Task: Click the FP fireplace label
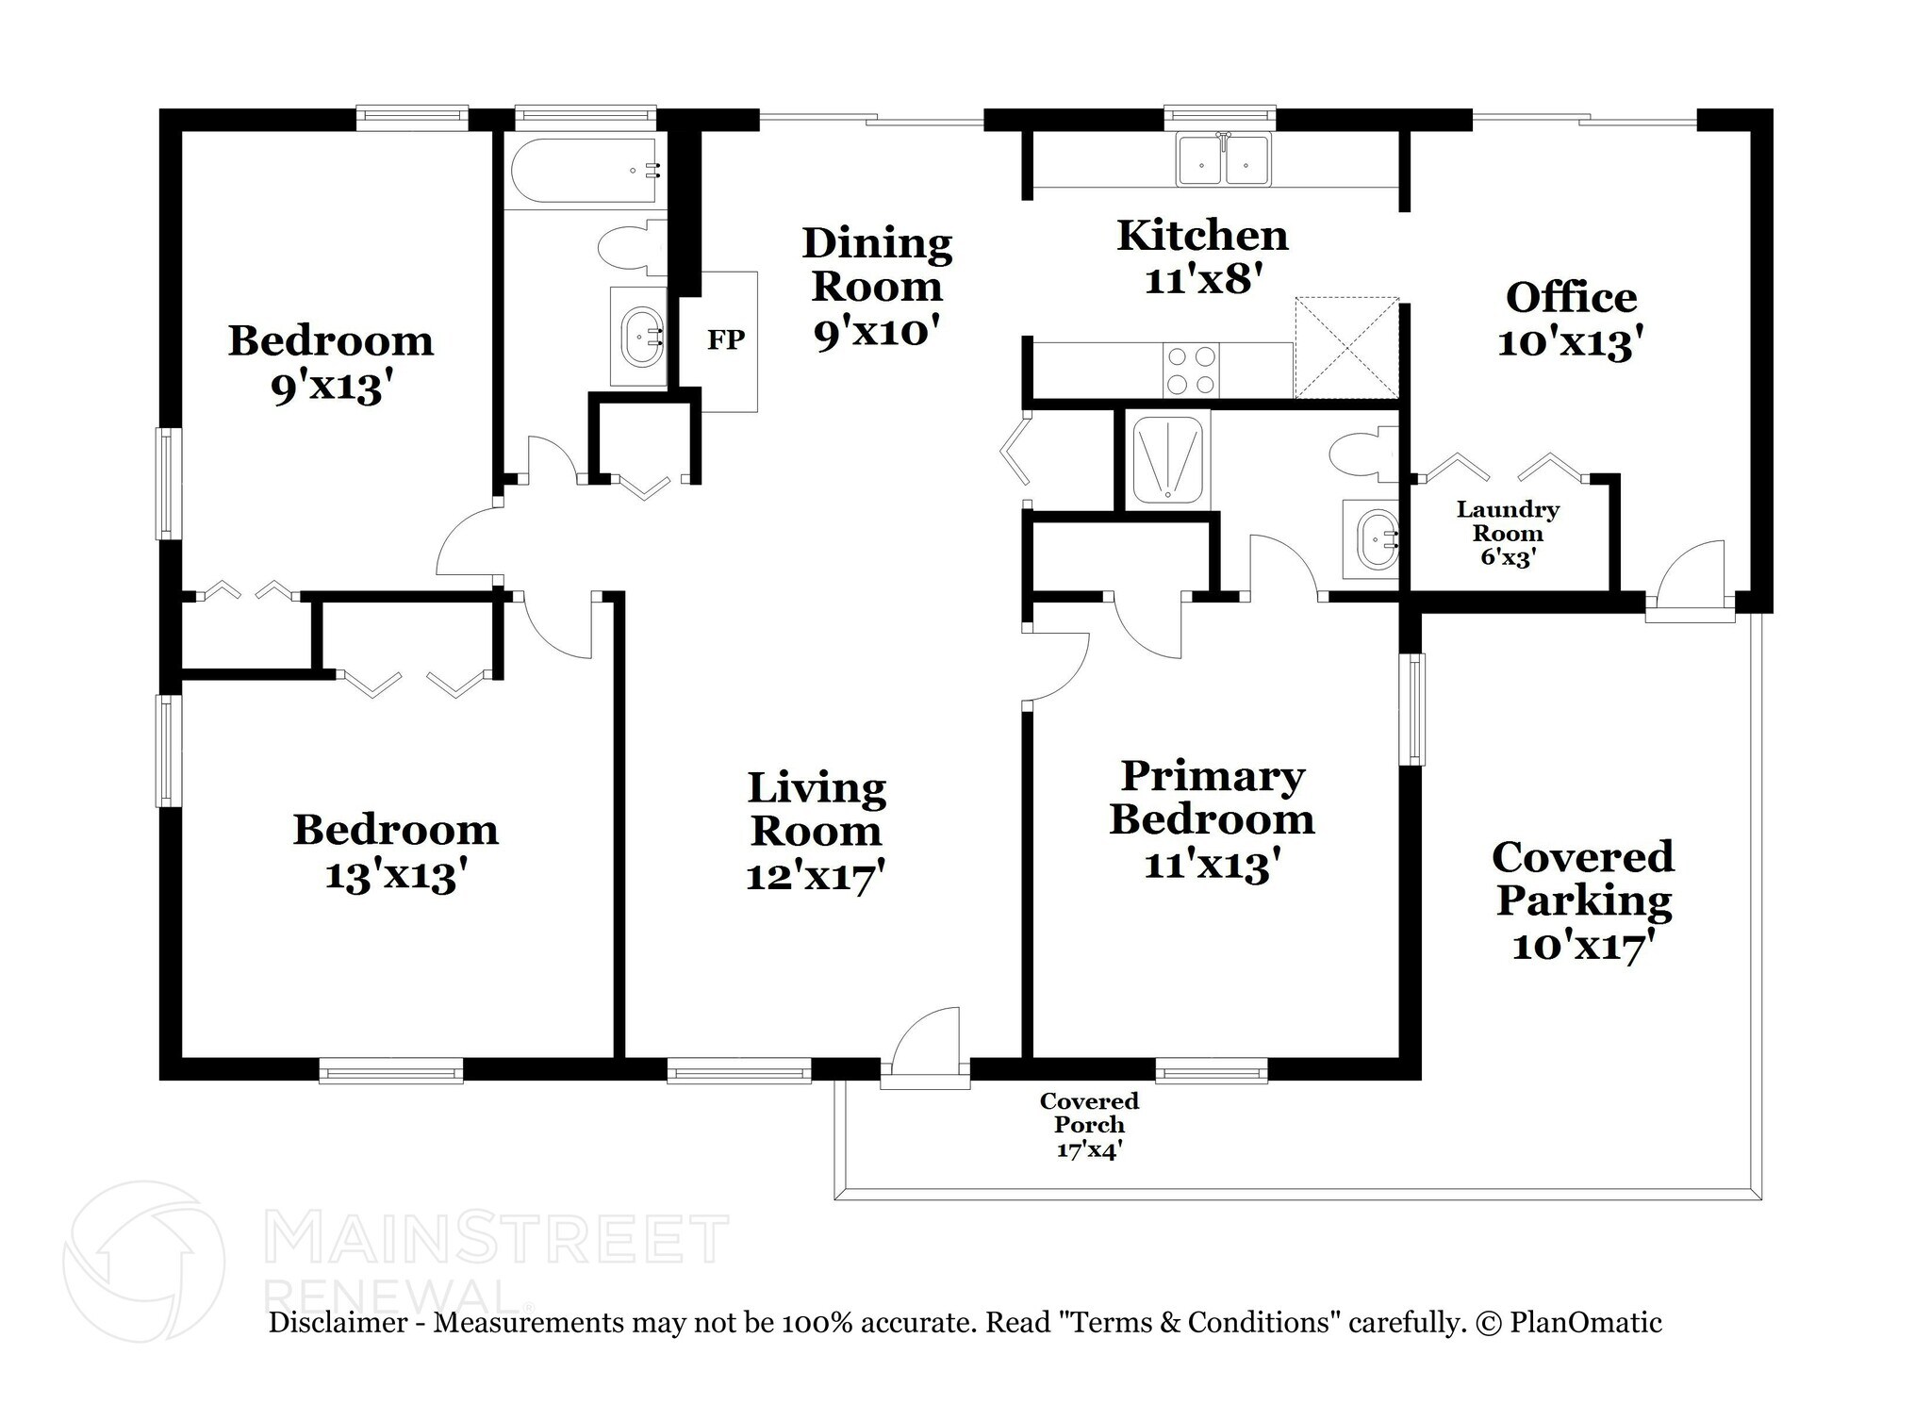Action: (725, 339)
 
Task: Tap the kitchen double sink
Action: (1223, 161)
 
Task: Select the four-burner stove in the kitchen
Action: (1191, 371)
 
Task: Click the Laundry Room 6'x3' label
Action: (1508, 534)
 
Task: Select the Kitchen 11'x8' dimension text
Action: (1202, 280)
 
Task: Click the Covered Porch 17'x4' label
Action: (1089, 1125)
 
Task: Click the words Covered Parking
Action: (1583, 878)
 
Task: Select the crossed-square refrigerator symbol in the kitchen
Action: (1346, 348)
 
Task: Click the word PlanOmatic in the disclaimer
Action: (1586, 1322)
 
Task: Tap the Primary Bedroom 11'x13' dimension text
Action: (1212, 864)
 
